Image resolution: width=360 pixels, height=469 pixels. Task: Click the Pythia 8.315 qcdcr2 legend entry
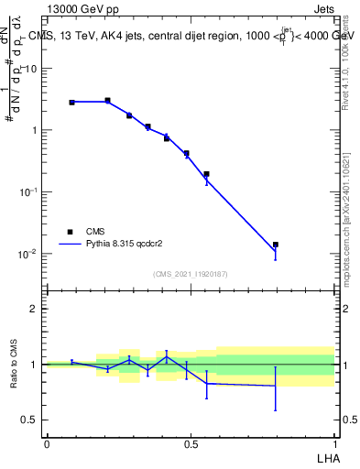(x=119, y=245)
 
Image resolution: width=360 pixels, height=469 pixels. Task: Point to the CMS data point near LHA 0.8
(x=275, y=245)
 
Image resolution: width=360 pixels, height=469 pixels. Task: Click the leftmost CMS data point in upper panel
(x=71, y=102)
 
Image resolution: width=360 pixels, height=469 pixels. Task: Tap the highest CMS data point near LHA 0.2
(x=107, y=100)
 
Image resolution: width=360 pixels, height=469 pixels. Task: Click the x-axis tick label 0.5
(x=191, y=443)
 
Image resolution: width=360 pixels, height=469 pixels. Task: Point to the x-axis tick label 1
(x=333, y=443)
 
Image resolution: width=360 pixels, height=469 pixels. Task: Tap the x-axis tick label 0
(x=47, y=443)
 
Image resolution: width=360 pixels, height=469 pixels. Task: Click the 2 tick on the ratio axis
(x=34, y=309)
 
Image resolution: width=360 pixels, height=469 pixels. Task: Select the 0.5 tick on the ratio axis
(x=31, y=420)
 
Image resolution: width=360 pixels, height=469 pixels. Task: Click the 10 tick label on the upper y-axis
(x=31, y=68)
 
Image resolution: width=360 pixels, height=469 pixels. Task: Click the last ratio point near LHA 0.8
(x=275, y=386)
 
